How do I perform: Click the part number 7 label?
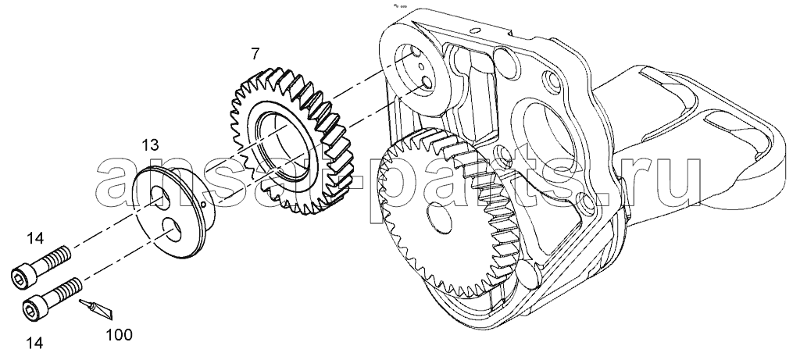click(255, 53)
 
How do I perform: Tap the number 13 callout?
click(151, 145)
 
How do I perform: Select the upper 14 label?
click(34, 237)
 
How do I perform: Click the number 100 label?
click(119, 334)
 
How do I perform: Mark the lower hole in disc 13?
click(171, 229)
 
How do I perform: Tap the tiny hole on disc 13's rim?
click(204, 205)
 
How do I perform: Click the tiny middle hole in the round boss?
click(421, 66)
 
